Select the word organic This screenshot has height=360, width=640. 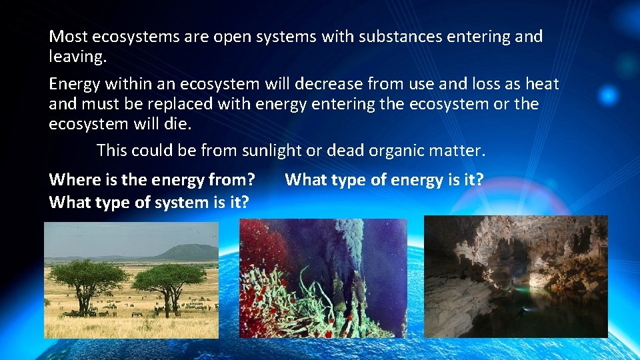[397, 151]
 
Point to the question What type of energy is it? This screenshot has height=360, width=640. [384, 180]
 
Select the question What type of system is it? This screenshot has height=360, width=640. [148, 203]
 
